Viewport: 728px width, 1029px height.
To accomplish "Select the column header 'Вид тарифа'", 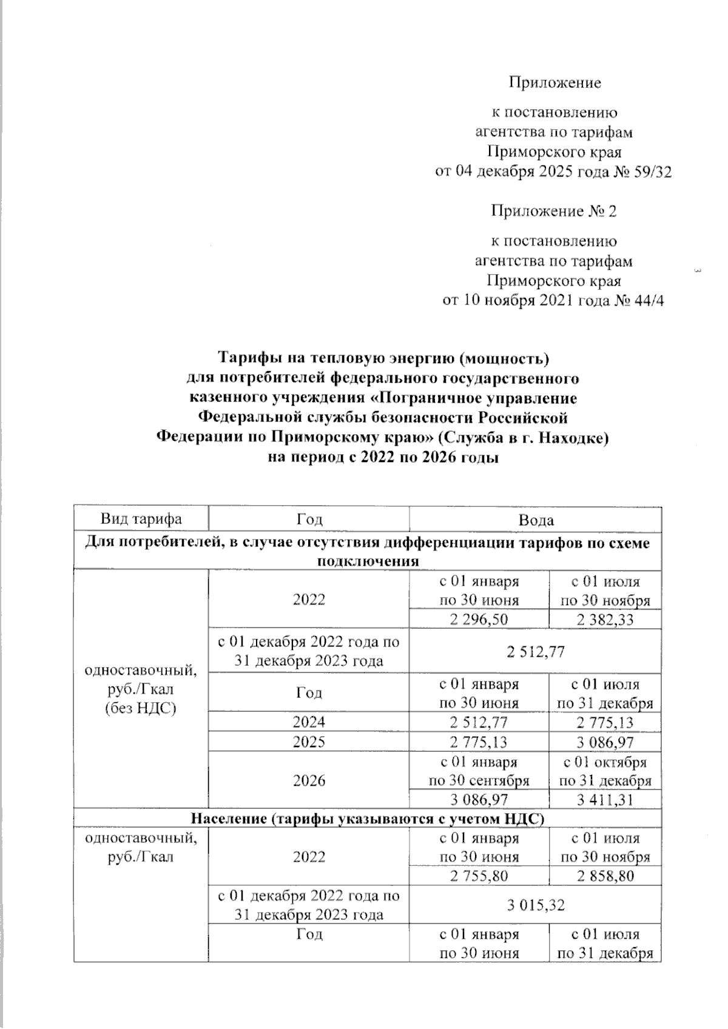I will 141,520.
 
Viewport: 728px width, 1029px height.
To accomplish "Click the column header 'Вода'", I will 536,520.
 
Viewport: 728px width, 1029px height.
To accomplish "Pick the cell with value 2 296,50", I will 479,618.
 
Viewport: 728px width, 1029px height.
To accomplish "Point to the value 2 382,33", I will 605,618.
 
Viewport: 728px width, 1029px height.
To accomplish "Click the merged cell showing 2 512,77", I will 536,651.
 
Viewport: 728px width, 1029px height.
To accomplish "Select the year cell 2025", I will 309,742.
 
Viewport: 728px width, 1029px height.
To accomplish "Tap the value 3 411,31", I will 605,800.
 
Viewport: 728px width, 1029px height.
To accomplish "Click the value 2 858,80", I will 605,876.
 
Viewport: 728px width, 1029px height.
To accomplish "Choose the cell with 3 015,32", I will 536,905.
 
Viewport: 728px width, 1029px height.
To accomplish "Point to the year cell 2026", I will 309,780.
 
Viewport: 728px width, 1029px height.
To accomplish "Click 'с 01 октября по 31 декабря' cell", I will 605,771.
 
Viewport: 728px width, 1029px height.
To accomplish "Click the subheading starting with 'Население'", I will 367,819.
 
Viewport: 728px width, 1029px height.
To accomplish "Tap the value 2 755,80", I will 479,876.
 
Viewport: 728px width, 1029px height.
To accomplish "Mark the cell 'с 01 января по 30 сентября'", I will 479,771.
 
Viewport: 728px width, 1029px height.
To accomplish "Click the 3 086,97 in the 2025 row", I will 605,742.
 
